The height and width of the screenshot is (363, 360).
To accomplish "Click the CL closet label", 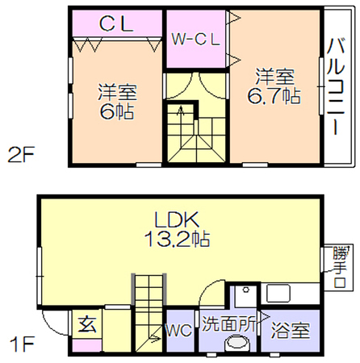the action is tap(116, 23).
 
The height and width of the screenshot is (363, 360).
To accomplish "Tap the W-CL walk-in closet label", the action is tap(196, 40).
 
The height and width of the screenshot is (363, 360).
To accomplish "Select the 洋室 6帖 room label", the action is tap(117, 102).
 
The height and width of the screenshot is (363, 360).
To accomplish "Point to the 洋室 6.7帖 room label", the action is tap(274, 86).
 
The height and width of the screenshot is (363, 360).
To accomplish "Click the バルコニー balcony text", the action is tap(336, 86).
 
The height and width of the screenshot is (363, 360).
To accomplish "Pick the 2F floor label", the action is tap(21, 155).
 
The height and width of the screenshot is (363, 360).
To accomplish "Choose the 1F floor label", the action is tap(22, 344).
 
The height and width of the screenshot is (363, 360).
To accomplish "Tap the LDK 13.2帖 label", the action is tap(177, 229).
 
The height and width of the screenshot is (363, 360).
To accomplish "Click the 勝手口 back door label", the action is tap(339, 267).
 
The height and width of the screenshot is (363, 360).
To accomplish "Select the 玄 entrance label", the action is tap(87, 324).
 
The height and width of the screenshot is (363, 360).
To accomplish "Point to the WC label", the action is tap(179, 330).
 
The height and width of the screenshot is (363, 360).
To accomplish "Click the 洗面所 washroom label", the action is tap(228, 323).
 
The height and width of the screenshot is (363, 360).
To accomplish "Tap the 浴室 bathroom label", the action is tap(291, 330).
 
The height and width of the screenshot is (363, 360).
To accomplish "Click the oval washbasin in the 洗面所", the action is tap(238, 344).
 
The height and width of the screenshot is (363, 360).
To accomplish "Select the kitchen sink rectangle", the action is tap(278, 294).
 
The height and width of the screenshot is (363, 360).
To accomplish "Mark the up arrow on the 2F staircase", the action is tap(181, 111).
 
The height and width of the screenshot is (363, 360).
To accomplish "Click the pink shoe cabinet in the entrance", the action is tap(87, 345).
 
